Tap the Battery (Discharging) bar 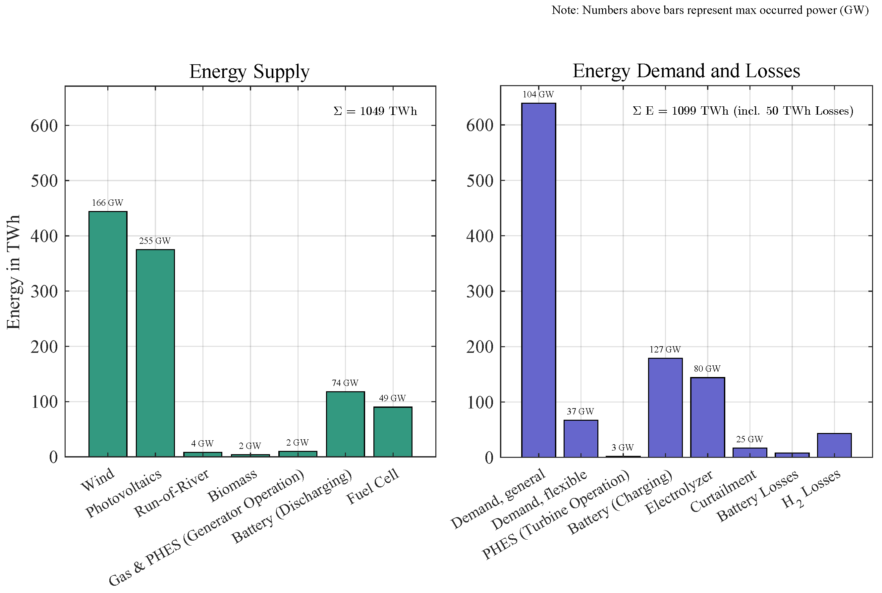[345, 424]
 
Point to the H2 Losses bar [834, 445]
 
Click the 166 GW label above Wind [107, 203]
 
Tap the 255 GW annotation [155, 241]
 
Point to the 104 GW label [538, 94]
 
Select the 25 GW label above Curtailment [749, 439]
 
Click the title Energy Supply [249, 71]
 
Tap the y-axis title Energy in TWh [14, 272]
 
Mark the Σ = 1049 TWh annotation [375, 111]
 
